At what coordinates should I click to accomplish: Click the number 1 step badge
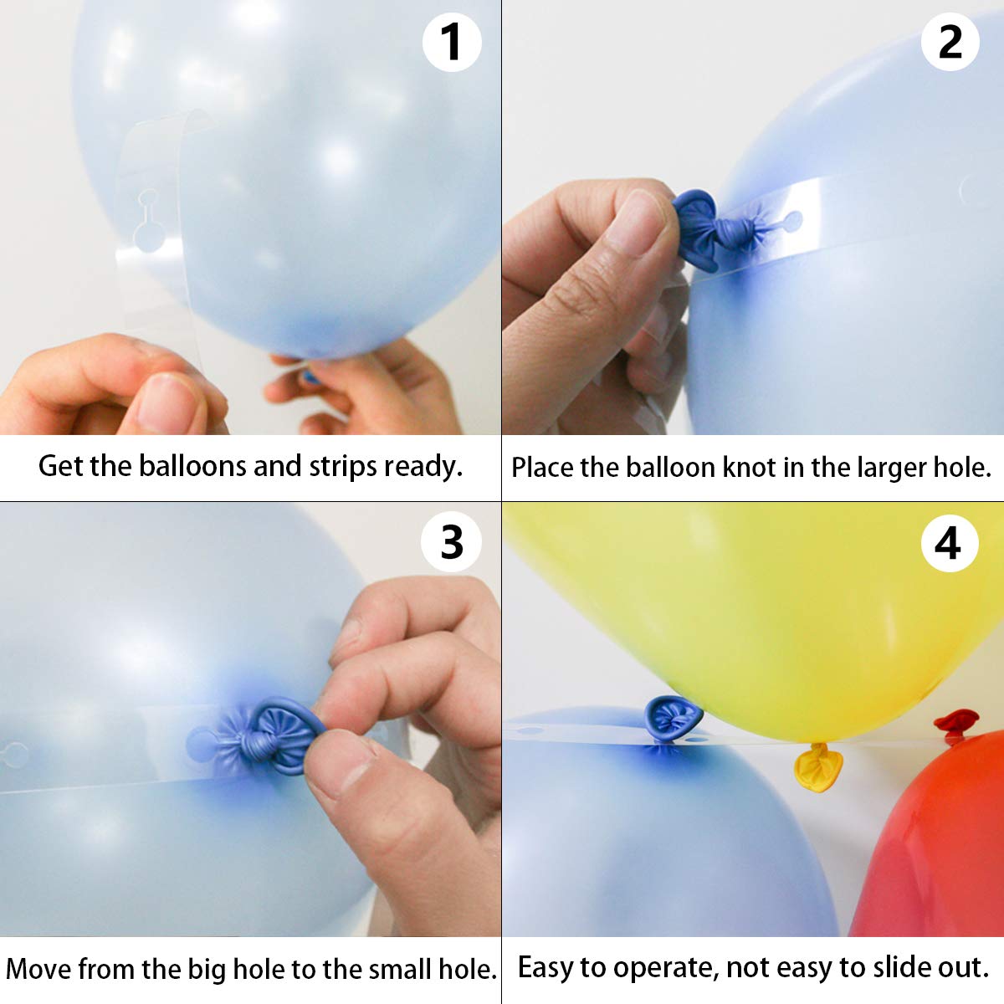(452, 42)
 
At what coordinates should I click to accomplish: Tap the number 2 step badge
(950, 42)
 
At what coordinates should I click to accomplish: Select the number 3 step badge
(452, 543)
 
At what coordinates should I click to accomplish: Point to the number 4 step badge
(949, 544)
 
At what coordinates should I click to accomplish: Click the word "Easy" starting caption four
(546, 967)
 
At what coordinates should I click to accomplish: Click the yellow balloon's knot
(817, 767)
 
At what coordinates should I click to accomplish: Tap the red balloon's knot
(955, 724)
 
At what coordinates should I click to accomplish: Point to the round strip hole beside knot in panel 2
(791, 222)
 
